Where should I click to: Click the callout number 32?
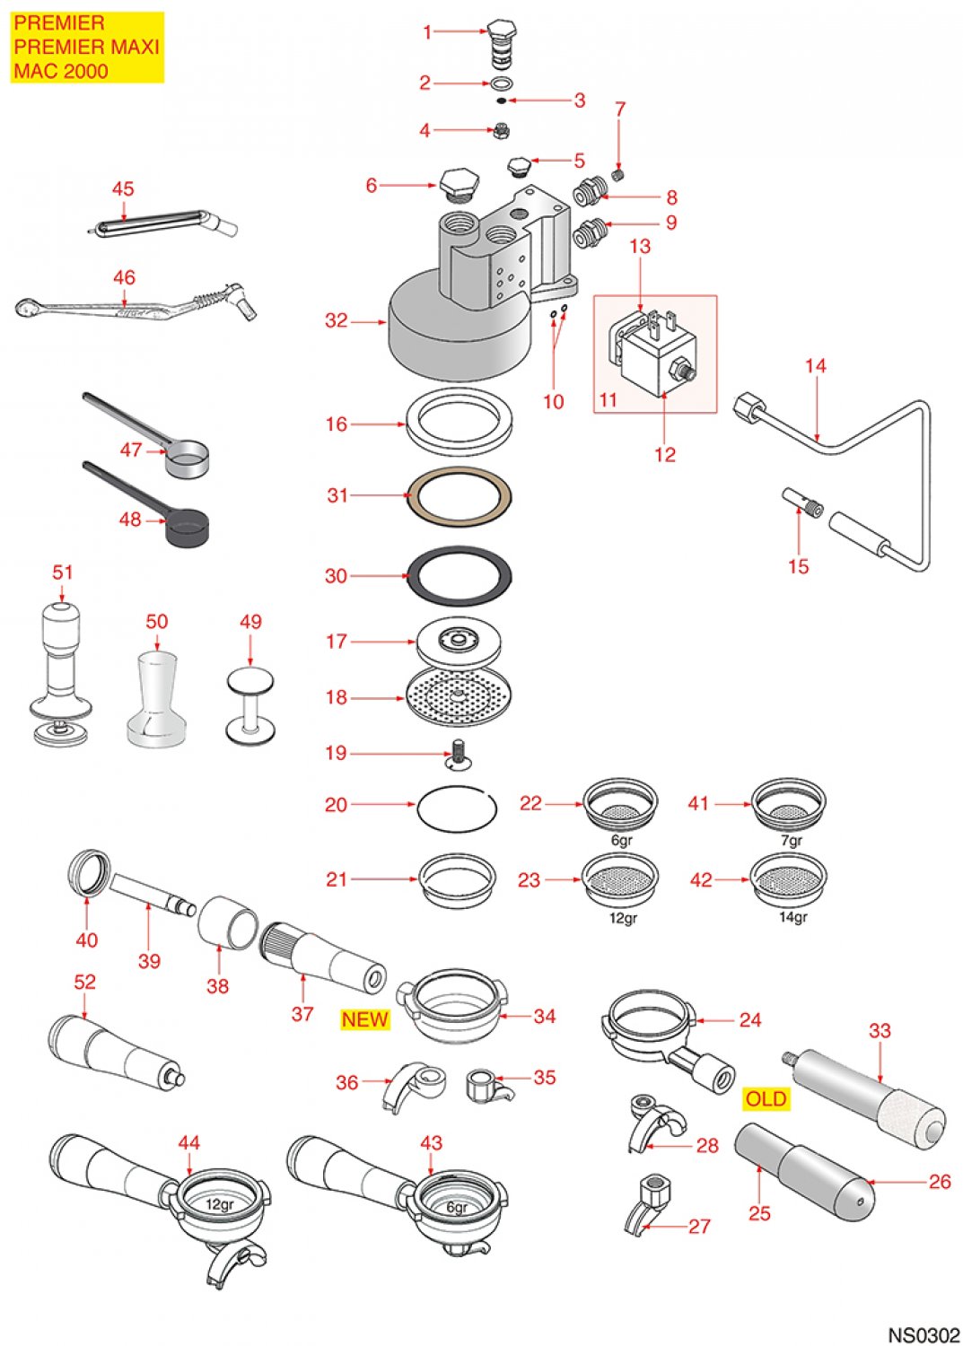point(336,321)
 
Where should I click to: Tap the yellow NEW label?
point(364,1019)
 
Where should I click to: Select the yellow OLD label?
point(766,1099)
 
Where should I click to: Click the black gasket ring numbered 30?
point(460,591)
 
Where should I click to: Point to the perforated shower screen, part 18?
point(458,696)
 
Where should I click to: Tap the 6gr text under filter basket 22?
point(621,841)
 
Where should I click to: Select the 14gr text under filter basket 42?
point(792,917)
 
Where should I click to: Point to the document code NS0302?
point(924,1334)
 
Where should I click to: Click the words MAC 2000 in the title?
point(60,71)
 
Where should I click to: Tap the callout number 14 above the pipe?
point(815,366)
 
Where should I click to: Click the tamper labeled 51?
point(61,673)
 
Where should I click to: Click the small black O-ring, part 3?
point(501,101)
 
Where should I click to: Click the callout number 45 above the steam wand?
point(123,188)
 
